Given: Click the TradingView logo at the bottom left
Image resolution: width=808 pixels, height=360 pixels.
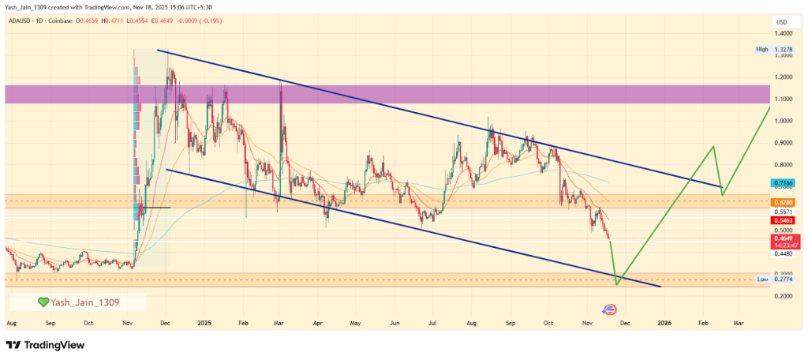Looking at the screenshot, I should click(x=45, y=345).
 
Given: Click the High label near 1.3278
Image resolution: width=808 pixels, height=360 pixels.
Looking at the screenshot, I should click(x=761, y=49).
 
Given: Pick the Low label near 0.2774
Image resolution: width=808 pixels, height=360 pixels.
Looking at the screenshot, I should click(x=762, y=279).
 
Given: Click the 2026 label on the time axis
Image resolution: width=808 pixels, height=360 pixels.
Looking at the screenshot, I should click(x=664, y=323).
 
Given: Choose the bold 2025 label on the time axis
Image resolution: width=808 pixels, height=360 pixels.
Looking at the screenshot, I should click(x=204, y=323).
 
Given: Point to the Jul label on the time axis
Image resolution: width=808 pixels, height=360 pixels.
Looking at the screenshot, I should click(x=432, y=323).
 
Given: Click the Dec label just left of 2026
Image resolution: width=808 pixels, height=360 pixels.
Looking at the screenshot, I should click(x=623, y=323).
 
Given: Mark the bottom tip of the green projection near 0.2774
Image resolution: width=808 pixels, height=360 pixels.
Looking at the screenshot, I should click(x=616, y=285).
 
